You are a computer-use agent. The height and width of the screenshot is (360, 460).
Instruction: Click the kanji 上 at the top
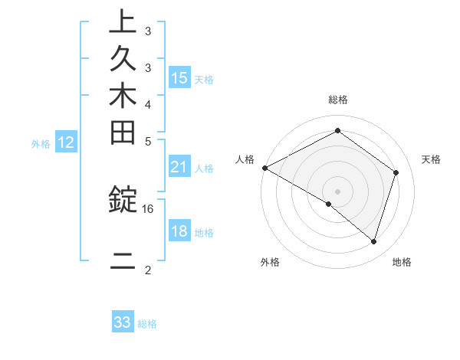tap(123, 22)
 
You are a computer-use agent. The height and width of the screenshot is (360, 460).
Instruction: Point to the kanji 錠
tap(123, 200)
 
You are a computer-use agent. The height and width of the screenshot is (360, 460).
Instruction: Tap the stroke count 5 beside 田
tap(148, 141)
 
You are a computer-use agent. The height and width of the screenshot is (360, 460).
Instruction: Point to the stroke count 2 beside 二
tap(148, 270)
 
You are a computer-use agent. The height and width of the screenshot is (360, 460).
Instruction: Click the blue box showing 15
tap(179, 78)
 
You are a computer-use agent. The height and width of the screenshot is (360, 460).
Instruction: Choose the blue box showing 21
tap(179, 167)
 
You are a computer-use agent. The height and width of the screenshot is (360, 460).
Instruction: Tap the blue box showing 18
tap(179, 232)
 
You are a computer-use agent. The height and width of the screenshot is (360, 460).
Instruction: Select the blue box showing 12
tap(66, 142)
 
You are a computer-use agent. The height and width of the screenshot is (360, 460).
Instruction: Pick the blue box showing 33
tap(123, 322)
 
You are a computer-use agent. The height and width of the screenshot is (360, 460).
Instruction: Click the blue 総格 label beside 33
tap(148, 324)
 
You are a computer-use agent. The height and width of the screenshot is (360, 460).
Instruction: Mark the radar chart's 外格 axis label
tap(270, 263)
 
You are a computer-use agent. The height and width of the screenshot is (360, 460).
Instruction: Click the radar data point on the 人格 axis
tap(264, 168)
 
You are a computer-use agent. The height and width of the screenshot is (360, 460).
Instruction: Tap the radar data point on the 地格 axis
tap(373, 241)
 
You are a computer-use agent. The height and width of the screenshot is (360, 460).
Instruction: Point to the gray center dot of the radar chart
tap(337, 191)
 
